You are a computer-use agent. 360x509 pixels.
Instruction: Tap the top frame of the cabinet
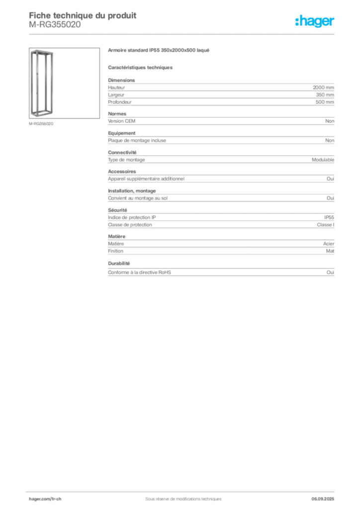click(x=42, y=52)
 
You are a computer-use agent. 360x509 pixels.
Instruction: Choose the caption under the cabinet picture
click(x=42, y=123)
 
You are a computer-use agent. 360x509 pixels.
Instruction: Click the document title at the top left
click(x=82, y=15)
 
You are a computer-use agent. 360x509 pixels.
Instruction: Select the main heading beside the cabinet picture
click(x=159, y=52)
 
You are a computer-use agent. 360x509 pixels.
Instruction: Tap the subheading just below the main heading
click(x=141, y=67)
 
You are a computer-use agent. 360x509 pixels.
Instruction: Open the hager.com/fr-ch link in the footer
click(x=45, y=498)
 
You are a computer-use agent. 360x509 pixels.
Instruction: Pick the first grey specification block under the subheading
click(x=221, y=92)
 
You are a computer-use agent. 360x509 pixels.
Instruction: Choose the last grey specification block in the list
click(x=221, y=272)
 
